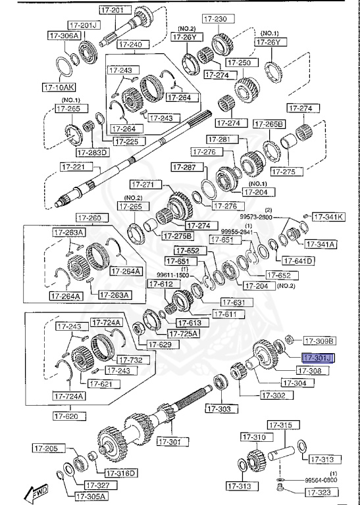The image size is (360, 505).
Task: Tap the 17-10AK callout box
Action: pyautogui.click(x=60, y=86)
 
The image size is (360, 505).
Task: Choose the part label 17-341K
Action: pyautogui.click(x=328, y=216)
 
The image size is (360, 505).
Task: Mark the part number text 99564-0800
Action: pyautogui.click(x=322, y=481)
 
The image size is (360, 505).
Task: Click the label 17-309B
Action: pyautogui.click(x=319, y=341)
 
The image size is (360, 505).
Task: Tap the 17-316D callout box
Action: pyautogui.click(x=120, y=472)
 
